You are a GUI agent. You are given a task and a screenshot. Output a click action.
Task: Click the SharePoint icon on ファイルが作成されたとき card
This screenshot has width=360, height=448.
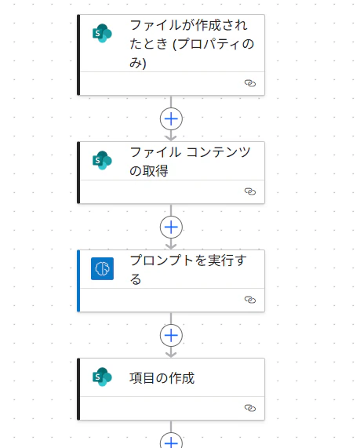click(x=102, y=34)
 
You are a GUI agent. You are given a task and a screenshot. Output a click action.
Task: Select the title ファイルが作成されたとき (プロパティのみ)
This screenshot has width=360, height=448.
click(x=191, y=44)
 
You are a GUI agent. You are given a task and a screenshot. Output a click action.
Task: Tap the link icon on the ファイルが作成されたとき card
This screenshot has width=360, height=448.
click(x=250, y=83)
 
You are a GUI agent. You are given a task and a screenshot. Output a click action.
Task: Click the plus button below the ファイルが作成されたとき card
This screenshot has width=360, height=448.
click(x=171, y=118)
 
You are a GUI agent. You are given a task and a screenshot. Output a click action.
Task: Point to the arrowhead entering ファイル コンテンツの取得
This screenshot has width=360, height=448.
click(x=171, y=138)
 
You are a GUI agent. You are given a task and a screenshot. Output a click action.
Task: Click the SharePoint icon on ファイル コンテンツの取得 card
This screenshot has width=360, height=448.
click(x=102, y=160)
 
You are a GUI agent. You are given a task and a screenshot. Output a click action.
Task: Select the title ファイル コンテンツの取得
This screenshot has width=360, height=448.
click(x=190, y=162)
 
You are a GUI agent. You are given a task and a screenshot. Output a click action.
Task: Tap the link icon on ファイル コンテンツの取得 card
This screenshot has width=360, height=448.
click(x=250, y=191)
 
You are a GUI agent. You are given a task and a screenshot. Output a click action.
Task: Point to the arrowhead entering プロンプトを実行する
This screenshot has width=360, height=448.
click(x=171, y=246)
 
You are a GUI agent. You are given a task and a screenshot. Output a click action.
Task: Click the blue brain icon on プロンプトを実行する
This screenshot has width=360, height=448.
click(x=102, y=268)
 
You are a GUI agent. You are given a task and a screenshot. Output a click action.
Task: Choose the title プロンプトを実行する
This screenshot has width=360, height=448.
click(x=188, y=270)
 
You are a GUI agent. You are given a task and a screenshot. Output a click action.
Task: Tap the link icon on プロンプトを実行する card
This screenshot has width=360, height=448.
click(x=250, y=300)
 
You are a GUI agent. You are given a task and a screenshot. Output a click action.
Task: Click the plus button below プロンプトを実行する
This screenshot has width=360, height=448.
click(x=171, y=336)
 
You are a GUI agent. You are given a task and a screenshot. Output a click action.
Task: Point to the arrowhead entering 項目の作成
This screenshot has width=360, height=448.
click(x=171, y=355)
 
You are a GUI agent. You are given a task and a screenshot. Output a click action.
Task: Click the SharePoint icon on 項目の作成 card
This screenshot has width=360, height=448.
click(x=102, y=377)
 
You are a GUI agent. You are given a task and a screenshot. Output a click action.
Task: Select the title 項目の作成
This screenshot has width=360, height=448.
click(x=162, y=378)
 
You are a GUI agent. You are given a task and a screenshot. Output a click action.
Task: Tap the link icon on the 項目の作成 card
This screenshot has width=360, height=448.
click(x=250, y=408)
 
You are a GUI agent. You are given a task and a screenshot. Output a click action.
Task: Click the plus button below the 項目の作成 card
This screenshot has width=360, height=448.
click(x=171, y=442)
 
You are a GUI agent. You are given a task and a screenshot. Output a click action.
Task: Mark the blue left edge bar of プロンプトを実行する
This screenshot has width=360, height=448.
click(x=78, y=281)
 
